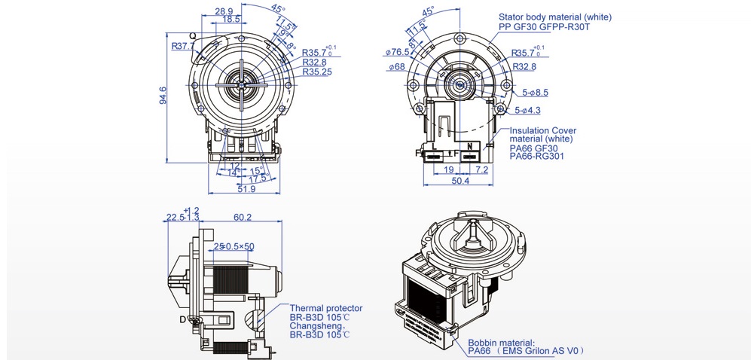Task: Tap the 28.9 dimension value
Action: (224, 11)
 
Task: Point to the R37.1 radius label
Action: (182, 47)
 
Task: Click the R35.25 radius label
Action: (319, 72)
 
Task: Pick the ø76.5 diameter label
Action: (397, 52)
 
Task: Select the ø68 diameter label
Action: (397, 67)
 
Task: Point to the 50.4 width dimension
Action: (460, 181)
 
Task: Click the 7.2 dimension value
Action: (482, 170)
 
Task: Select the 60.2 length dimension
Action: (243, 218)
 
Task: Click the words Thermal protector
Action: (326, 308)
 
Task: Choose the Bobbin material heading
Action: (501, 342)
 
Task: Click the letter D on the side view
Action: (182, 319)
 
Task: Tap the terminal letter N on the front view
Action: (469, 145)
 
